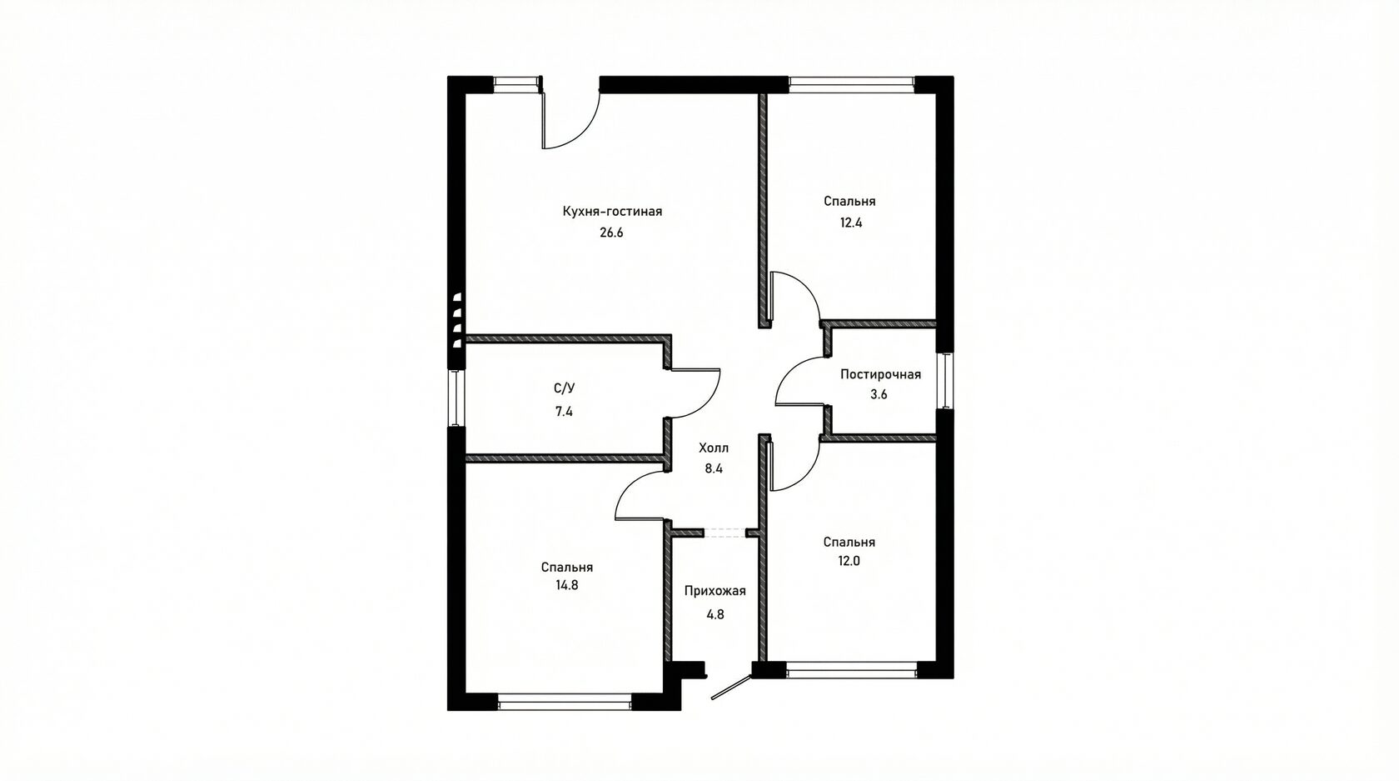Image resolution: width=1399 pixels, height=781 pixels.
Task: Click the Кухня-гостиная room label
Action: coord(612,212)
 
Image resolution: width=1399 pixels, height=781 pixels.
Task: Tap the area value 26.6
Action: coord(611,233)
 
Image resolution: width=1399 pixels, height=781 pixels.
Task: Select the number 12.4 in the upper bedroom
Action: coord(851,223)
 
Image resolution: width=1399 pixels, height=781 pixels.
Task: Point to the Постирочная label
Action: coord(881,374)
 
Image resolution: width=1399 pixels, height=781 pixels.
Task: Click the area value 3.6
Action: coord(879,394)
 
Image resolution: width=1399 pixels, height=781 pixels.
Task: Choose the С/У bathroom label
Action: coord(564,388)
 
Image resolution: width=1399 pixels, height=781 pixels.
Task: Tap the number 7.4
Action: coord(564,412)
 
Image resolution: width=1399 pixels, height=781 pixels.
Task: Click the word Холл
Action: coord(713,448)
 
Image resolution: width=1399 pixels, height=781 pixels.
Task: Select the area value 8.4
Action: coord(713,468)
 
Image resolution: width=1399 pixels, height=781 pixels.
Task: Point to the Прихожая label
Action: coord(715,591)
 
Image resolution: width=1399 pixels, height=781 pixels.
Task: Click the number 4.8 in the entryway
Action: coord(715,614)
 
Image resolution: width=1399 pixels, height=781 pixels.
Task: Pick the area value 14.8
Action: coord(566,586)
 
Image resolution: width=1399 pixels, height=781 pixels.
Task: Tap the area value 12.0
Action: coord(849,561)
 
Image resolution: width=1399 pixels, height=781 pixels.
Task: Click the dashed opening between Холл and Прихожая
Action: coord(725,533)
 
